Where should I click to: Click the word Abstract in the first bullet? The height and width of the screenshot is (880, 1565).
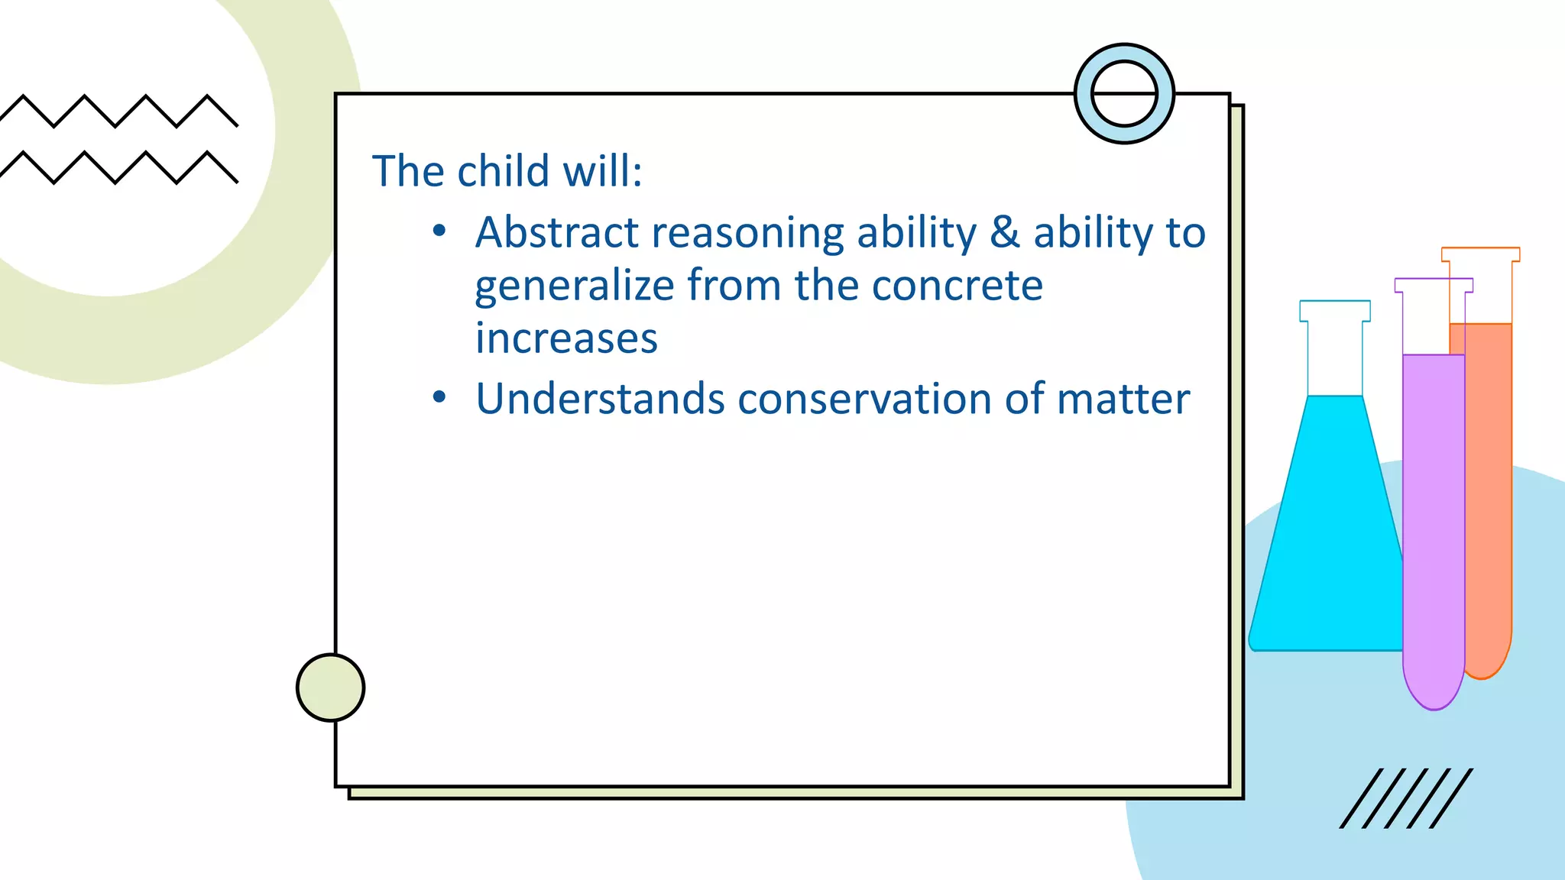point(556,232)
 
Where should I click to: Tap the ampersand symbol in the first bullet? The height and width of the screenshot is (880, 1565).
point(1005,232)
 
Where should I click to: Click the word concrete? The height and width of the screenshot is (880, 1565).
point(957,286)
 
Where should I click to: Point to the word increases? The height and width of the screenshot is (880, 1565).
point(566,338)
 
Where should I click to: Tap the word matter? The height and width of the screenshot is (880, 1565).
point(1123,399)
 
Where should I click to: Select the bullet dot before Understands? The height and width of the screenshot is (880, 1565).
point(439,397)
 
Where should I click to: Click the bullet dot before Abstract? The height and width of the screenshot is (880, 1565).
point(439,230)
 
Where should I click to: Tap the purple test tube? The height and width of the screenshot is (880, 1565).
point(1433,519)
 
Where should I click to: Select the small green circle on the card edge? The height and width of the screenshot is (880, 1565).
point(330,687)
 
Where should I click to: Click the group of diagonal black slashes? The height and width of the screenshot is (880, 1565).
point(1406,798)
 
